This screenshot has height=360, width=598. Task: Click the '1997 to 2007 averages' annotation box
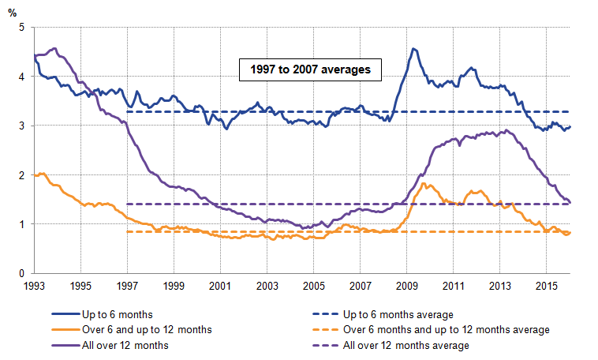(311, 70)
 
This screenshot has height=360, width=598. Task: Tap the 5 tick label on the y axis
(21, 28)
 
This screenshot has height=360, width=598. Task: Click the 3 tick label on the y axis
(21, 126)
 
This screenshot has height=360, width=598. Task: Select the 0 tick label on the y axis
(21, 274)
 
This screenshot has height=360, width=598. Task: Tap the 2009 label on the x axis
(406, 286)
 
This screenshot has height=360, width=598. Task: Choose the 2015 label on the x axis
(547, 286)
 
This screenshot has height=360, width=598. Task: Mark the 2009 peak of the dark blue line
(413, 49)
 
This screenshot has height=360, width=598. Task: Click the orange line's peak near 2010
(424, 184)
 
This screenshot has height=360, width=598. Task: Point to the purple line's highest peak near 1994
(53, 48)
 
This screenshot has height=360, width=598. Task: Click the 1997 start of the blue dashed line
(127, 111)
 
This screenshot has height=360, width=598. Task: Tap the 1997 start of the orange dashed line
(127, 232)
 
